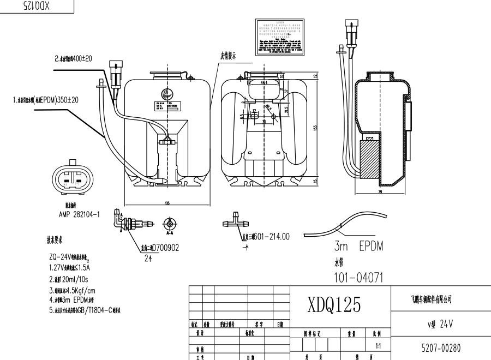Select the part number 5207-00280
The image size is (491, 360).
pos(441,347)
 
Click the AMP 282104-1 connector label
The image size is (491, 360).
pos(79,215)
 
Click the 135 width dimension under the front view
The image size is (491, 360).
pos(166,202)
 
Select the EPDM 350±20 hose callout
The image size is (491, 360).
pos(46,100)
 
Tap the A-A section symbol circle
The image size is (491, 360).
pos(170,223)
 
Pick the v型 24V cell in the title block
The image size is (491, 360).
pos(441,323)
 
